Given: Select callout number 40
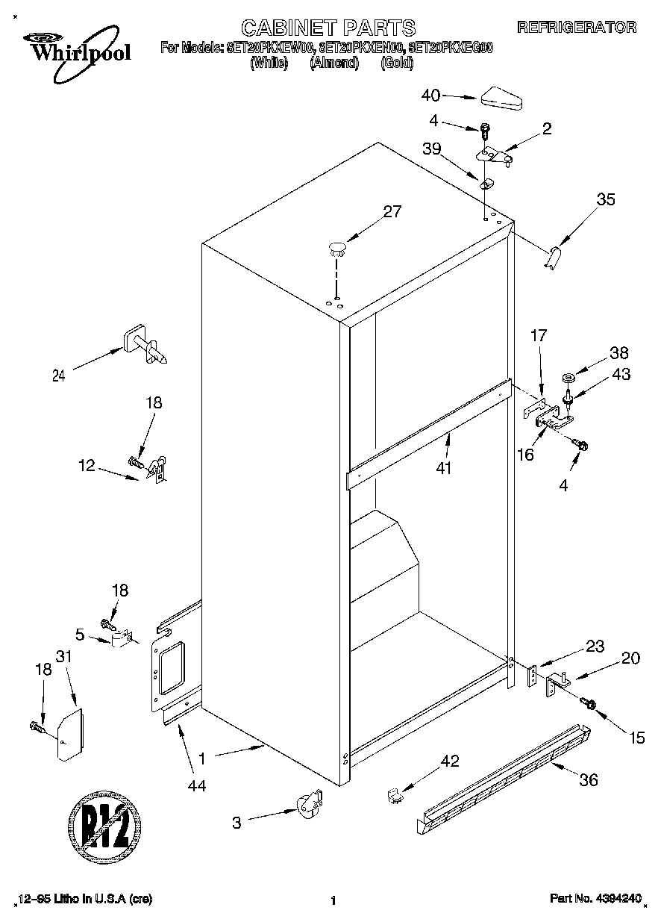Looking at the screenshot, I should click(x=430, y=95).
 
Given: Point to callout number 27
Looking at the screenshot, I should click(x=392, y=211).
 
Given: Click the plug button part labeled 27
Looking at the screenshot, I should click(x=338, y=248).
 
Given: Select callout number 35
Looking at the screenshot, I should click(x=606, y=199).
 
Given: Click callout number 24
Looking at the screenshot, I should click(x=58, y=376).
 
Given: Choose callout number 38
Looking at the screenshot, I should click(x=619, y=353).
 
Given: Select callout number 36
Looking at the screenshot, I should click(x=589, y=779).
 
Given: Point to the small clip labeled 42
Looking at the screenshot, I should click(x=395, y=796).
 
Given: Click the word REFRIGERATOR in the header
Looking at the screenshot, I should click(x=577, y=28).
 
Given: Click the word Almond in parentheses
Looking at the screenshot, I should click(x=334, y=63).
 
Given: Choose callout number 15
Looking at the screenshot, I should click(x=636, y=738).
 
